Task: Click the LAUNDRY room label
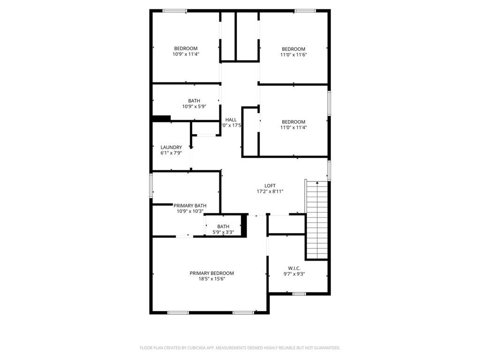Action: (x=171, y=147)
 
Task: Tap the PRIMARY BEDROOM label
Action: (x=211, y=273)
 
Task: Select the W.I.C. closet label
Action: (x=294, y=268)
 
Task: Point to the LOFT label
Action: (x=270, y=186)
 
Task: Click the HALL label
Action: (x=231, y=120)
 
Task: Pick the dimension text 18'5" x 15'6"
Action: (x=211, y=279)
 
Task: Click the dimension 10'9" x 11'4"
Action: (x=186, y=54)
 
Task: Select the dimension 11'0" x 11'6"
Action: (x=293, y=55)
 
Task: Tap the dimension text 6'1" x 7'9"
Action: (x=171, y=153)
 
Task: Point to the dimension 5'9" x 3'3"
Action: (x=223, y=232)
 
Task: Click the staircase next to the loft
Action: (x=317, y=220)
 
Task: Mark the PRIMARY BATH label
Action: (x=190, y=205)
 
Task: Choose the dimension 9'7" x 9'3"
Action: (x=294, y=274)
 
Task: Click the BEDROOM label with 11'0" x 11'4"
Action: (x=293, y=122)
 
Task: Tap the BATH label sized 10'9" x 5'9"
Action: (x=194, y=101)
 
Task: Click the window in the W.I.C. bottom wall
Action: (x=299, y=294)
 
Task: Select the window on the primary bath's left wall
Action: (x=151, y=185)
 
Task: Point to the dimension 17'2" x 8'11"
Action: (x=270, y=191)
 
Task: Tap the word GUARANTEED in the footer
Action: (x=326, y=348)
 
